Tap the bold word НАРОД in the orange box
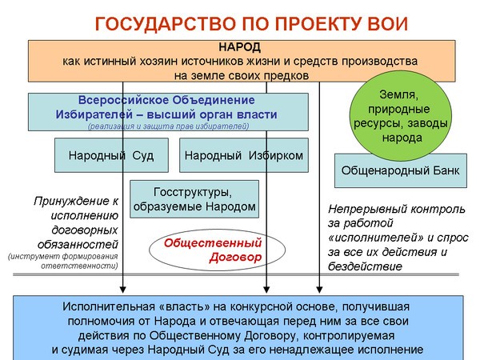(240, 47)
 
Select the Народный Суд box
(111, 155)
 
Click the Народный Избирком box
(244, 155)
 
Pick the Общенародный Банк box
(401, 170)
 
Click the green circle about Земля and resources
(401, 116)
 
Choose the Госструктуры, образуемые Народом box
(194, 199)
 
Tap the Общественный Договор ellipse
(217, 250)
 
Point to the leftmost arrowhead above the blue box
(122, 290)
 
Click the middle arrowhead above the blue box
(266, 290)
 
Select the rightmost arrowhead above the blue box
(319, 290)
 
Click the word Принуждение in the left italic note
(72, 202)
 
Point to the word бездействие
(365, 266)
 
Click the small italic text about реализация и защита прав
(168, 126)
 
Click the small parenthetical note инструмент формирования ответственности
(63, 261)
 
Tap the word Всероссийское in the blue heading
(123, 100)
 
